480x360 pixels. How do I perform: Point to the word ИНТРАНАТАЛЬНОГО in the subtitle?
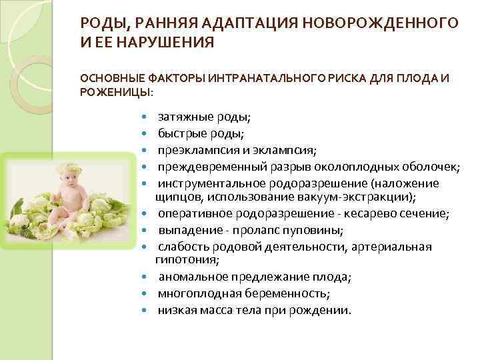pyautogui.click(x=248, y=78)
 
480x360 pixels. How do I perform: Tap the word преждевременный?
pyautogui.click(x=209, y=166)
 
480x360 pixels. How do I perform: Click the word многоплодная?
pyautogui.click(x=197, y=293)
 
